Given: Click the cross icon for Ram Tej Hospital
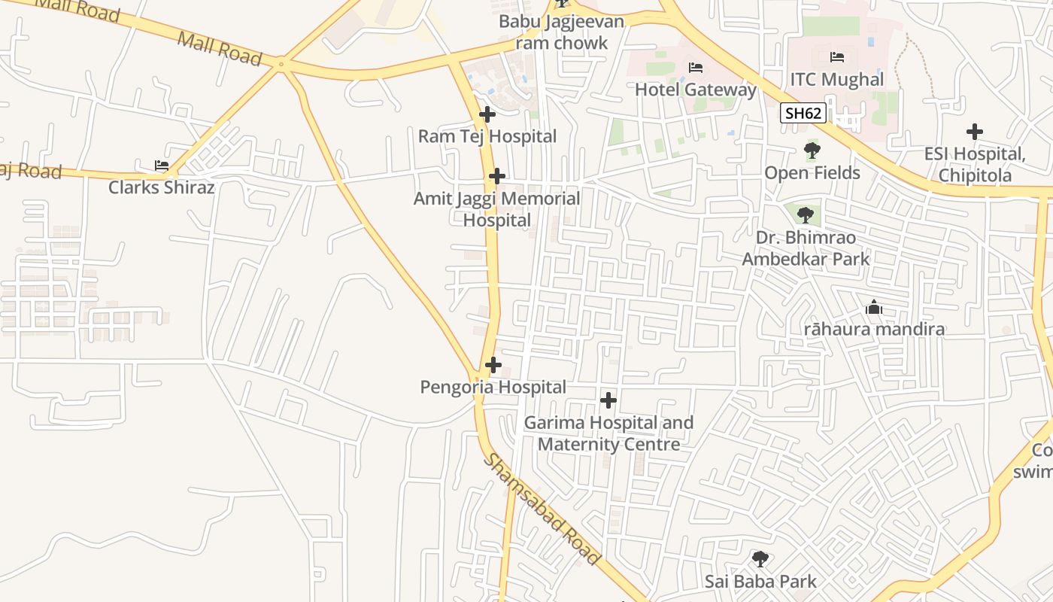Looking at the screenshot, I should [487, 114].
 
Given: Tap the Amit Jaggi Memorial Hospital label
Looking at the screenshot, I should [496, 209].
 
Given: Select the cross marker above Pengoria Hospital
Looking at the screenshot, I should [493, 365].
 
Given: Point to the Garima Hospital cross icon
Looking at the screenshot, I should [608, 400].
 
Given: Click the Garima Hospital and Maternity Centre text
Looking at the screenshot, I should [608, 433].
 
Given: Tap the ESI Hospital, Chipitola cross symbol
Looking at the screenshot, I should [975, 132].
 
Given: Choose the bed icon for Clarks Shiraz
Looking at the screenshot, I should [162, 165].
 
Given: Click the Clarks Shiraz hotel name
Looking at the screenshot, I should [162, 187].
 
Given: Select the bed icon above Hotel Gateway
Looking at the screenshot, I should [696, 68].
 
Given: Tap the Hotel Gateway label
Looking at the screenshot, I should [696, 90].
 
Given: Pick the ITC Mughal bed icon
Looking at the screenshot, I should [837, 57].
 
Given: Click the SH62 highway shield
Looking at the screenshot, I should [803, 114].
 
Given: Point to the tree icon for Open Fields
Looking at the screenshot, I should [812, 150].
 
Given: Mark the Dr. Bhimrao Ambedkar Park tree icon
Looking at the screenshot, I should [806, 215].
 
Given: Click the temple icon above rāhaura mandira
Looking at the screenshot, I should [874, 307].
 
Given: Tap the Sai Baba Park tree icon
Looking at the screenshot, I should [760, 559].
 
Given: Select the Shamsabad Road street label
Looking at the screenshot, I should [542, 509].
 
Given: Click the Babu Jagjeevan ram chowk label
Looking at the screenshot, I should [562, 32].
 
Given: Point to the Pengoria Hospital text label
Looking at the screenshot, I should [493, 387].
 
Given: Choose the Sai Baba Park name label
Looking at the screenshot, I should [760, 581].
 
